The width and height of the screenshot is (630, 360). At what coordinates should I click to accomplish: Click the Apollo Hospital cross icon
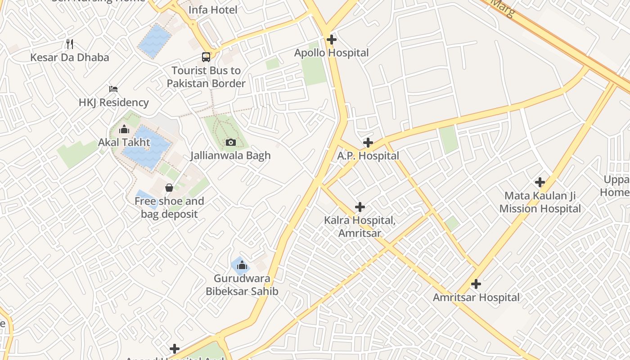click(x=332, y=40)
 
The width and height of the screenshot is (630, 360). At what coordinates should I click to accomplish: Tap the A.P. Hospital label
click(x=368, y=156)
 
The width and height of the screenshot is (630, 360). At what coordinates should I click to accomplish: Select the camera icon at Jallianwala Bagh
click(x=231, y=143)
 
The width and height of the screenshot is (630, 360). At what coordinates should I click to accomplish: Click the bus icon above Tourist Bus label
click(x=206, y=57)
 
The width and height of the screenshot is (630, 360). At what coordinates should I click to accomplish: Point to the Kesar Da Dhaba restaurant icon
click(x=69, y=44)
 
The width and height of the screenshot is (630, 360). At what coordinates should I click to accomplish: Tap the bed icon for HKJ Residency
click(x=113, y=89)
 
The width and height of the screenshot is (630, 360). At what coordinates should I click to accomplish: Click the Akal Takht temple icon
click(x=124, y=130)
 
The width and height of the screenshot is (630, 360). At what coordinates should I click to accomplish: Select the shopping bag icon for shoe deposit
click(x=169, y=188)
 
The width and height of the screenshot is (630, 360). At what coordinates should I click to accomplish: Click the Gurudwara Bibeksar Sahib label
click(x=242, y=284)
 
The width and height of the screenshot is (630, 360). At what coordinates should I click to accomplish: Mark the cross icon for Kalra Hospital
click(x=360, y=207)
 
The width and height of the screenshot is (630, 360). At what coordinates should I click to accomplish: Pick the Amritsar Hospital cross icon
click(x=476, y=284)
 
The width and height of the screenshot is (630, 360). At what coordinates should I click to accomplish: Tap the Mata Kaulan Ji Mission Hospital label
click(x=540, y=202)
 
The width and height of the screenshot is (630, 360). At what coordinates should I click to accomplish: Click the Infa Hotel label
click(x=212, y=9)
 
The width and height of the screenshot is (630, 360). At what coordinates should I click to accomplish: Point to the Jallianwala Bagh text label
click(x=230, y=156)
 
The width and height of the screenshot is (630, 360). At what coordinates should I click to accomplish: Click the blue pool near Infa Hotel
click(x=155, y=40)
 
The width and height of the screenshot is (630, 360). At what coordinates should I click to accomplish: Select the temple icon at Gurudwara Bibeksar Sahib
click(x=242, y=265)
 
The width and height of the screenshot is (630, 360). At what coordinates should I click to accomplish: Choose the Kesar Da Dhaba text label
click(x=69, y=57)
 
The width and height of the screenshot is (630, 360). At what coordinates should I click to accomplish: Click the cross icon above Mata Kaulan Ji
click(x=540, y=182)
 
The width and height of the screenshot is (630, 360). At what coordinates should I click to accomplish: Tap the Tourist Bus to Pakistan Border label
click(x=206, y=77)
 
